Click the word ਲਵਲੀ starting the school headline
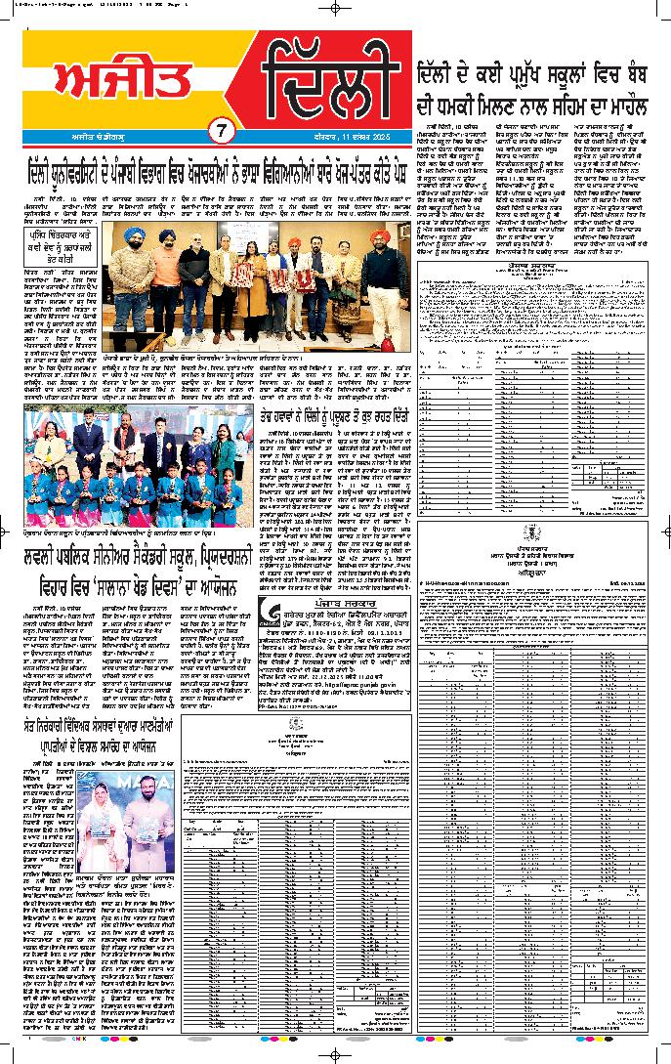[x=46, y=558]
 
